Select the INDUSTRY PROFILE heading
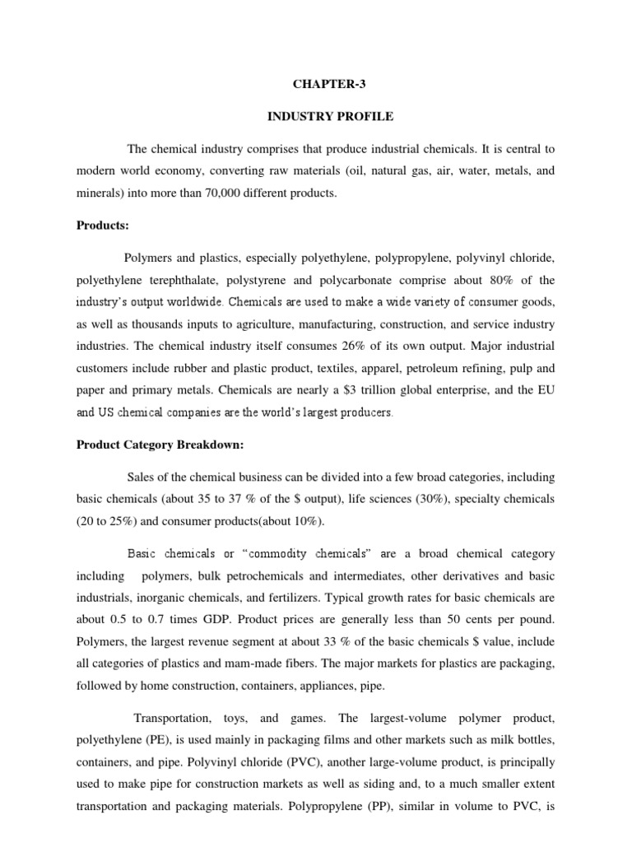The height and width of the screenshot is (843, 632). click(x=330, y=117)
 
